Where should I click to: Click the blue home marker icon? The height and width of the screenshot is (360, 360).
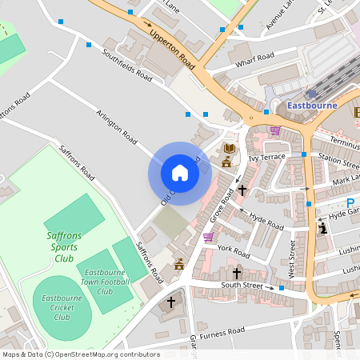pyautogui.click(x=180, y=173)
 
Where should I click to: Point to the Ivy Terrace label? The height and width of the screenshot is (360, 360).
pyautogui.click(x=266, y=158)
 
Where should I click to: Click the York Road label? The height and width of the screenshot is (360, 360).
pyautogui.click(x=234, y=250)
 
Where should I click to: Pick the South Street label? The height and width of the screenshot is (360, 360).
pyautogui.click(x=242, y=285)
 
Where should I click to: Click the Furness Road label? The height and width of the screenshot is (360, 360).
pyautogui.click(x=222, y=331)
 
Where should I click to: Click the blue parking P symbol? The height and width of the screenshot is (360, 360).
pyautogui.click(x=350, y=204)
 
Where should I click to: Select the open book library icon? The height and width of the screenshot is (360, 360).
pyautogui.click(x=230, y=149)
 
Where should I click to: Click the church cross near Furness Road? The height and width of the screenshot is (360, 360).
pyautogui.click(x=170, y=302)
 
